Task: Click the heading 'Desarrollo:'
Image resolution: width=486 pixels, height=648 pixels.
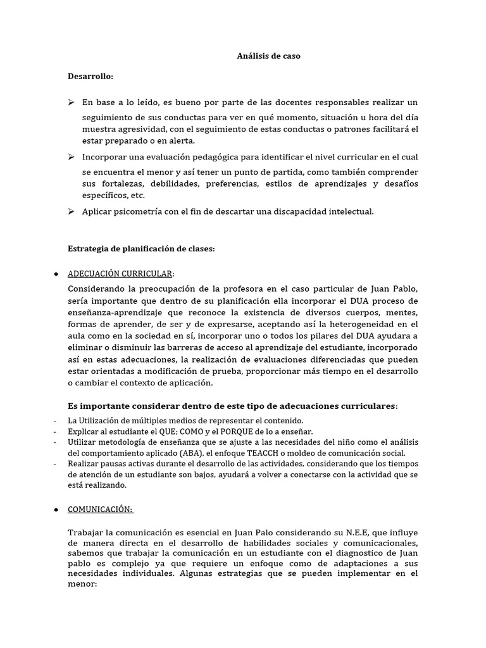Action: pos(90,77)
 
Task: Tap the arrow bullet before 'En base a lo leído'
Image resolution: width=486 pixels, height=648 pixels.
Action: pos(72,102)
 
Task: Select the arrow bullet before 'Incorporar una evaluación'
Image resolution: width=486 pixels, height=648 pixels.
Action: pos(72,156)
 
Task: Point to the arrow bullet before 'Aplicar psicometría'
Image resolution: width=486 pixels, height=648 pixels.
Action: pos(72,211)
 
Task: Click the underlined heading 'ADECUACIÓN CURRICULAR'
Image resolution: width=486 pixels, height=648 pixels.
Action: pos(120,273)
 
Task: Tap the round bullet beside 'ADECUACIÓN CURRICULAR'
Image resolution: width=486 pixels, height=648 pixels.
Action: pos(56,273)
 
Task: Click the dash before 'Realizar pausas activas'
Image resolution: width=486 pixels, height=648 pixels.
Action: pos(56,464)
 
